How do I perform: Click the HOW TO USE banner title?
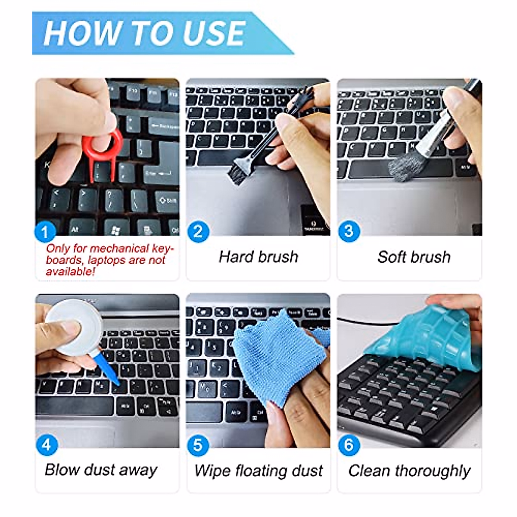click(x=144, y=33)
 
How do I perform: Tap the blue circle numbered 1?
click(x=45, y=232)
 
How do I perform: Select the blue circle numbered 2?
click(x=198, y=232)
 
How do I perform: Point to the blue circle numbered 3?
click(x=349, y=231)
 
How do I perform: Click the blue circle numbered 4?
click(x=47, y=445)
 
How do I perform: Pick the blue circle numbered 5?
click(x=198, y=445)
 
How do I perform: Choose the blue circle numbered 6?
click(x=349, y=445)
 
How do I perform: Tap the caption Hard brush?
click(x=258, y=257)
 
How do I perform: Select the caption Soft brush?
click(x=414, y=257)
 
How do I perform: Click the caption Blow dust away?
click(x=101, y=470)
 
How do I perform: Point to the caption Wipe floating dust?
click(x=258, y=470)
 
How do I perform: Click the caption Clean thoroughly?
click(x=409, y=470)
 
